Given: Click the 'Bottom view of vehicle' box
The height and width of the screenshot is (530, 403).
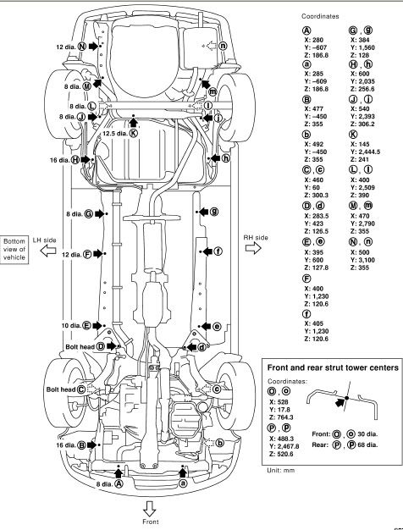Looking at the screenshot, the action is [14, 250].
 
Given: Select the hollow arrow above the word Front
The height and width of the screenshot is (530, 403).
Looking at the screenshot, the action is [149, 509].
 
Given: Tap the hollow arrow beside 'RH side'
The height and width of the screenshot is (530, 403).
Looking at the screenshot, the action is [253, 248].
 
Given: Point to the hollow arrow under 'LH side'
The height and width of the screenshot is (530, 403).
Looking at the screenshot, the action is [48, 251].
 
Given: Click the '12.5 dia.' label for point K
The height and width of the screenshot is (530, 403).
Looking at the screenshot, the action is [115, 134].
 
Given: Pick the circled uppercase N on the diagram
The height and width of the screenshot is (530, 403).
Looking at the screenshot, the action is [82, 47].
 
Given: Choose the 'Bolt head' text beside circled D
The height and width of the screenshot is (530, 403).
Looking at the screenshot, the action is [80, 347].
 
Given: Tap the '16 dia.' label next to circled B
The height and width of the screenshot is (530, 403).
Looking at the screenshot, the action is [66, 444].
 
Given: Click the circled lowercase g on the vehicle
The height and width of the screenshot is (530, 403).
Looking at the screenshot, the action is [214, 212].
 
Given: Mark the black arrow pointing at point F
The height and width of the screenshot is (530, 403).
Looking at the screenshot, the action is [97, 254].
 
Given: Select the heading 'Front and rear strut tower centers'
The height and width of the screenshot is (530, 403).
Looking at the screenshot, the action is [333, 367].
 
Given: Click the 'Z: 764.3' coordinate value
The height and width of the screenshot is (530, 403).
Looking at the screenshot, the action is [281, 417].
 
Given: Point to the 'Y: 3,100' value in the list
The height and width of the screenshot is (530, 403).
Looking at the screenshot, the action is [362, 260].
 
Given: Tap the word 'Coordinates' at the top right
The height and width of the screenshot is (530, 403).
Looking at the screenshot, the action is [320, 16].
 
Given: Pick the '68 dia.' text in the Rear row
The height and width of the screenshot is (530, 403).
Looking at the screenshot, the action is [367, 444].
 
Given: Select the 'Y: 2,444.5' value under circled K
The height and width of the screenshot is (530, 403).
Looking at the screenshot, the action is [365, 152].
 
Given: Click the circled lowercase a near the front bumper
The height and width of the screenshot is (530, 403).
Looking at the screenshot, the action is [183, 483].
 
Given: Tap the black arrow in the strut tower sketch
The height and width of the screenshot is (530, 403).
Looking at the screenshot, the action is [340, 402].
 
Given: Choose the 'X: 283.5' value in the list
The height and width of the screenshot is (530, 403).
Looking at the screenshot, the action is [317, 216].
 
